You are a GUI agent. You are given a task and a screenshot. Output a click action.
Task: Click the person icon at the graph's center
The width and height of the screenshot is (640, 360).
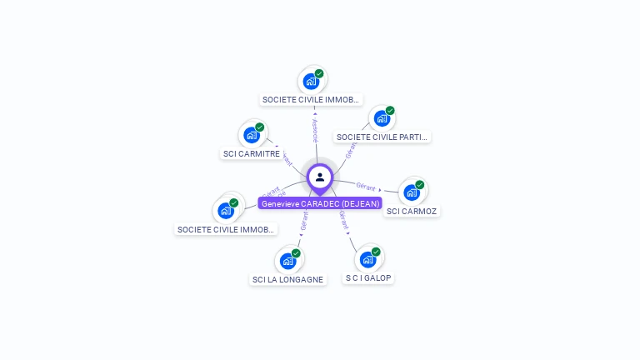click(320, 177)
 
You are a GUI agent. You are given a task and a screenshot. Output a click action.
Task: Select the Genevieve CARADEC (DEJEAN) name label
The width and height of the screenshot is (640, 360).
click(320, 203)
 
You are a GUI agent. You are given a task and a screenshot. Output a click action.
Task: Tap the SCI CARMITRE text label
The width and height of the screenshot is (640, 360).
click(252, 153)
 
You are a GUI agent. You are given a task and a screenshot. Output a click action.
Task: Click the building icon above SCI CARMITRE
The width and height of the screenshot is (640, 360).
click(251, 135)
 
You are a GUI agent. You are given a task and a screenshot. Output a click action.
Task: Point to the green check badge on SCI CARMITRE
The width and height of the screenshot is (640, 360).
click(260, 127)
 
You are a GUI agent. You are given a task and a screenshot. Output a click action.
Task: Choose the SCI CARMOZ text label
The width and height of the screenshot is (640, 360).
click(412, 211)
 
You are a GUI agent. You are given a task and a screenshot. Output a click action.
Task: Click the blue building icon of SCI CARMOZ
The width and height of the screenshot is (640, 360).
click(411, 192)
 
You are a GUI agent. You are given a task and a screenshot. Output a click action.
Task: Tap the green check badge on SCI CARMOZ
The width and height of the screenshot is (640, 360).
click(420, 185)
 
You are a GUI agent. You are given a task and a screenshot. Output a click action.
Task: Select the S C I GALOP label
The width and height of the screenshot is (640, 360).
click(368, 277)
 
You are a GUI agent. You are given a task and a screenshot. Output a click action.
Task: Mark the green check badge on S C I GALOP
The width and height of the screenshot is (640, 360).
click(376, 252)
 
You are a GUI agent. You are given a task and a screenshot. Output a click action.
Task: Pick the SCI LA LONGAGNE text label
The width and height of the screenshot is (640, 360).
click(287, 279)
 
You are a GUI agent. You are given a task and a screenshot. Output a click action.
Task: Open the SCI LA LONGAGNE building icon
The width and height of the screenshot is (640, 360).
click(287, 261)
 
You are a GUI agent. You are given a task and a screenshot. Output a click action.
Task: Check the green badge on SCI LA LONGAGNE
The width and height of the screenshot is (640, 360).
click(296, 253)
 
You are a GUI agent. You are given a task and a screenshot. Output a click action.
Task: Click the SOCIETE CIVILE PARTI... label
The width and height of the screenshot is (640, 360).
click(382, 137)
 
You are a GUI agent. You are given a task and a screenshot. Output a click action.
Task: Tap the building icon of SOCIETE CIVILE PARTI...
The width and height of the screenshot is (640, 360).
click(381, 118)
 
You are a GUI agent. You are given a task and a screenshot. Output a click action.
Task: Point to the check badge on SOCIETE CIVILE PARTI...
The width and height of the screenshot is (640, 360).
click(390, 111)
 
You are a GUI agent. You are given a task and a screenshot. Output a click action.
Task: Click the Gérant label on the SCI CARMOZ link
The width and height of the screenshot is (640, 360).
click(365, 185)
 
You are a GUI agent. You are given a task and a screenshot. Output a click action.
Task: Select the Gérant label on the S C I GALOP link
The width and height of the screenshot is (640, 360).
click(343, 219)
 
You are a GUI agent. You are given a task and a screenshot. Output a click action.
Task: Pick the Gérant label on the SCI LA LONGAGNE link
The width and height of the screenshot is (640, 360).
click(304, 221)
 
